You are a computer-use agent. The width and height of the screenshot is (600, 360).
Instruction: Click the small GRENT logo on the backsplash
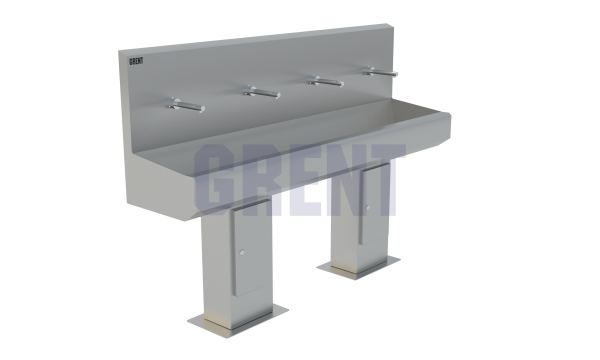pos(136,61)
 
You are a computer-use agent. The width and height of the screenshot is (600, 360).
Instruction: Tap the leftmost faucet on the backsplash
pos(186,105)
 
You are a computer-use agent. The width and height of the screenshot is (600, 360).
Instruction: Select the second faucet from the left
pos(262,93)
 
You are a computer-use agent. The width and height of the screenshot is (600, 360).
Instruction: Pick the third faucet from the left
pos(326,81)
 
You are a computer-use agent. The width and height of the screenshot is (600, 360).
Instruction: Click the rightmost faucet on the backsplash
pos(381,72)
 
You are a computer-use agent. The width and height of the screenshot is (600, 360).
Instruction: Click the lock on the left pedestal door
pos(242,252)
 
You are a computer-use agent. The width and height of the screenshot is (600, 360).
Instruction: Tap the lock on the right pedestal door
pos(368,208)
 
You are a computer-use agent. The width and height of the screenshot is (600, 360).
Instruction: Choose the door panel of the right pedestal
pos(374,204)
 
